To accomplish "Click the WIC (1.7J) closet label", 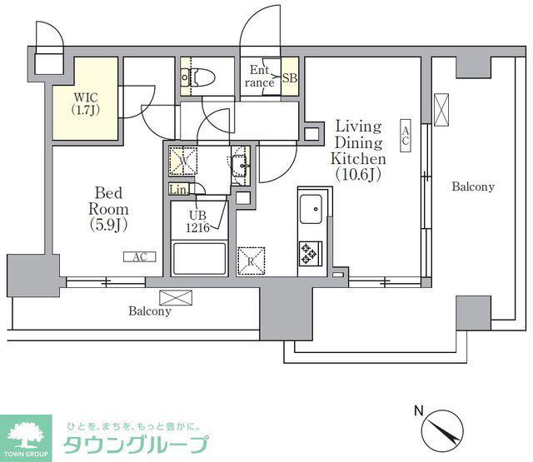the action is (86, 103).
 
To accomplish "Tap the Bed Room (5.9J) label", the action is (108, 209).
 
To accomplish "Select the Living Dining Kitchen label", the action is (358, 150).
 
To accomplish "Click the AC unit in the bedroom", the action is (139, 257).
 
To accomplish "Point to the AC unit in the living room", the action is (406, 135).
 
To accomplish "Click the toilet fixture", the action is (198, 77).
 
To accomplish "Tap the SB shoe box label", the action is (290, 78).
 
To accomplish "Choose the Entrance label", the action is (260, 77).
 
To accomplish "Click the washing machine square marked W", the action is (183, 161).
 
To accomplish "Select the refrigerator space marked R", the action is (251, 261).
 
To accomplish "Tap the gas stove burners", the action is (311, 253).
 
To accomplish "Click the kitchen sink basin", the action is (311, 209).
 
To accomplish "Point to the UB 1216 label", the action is (198, 221).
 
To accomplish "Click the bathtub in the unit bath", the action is (199, 259).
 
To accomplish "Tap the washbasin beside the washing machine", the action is (240, 166).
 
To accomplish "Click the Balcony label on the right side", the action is (473, 186).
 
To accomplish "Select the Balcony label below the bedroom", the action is (150, 311).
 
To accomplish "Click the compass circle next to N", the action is (442, 430).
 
